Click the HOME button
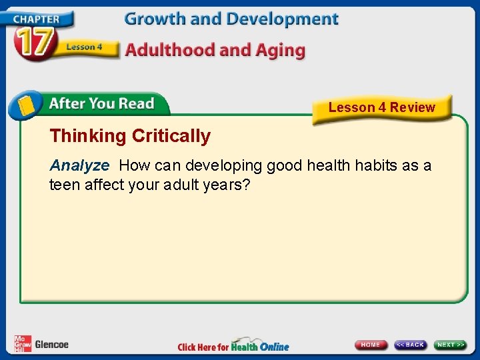click(x=371, y=345)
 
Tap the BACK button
click(x=410, y=345)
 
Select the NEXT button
click(x=451, y=345)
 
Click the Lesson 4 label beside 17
click(x=84, y=47)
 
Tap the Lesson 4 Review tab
click(x=381, y=107)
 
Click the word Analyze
click(x=79, y=165)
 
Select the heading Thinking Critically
click(x=130, y=136)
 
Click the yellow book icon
click(x=26, y=105)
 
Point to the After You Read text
click(x=101, y=104)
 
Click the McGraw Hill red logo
click(x=23, y=343)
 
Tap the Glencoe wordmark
click(x=51, y=345)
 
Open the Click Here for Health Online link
click(x=233, y=346)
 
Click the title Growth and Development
click(x=231, y=19)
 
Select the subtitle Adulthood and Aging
click(x=215, y=50)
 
